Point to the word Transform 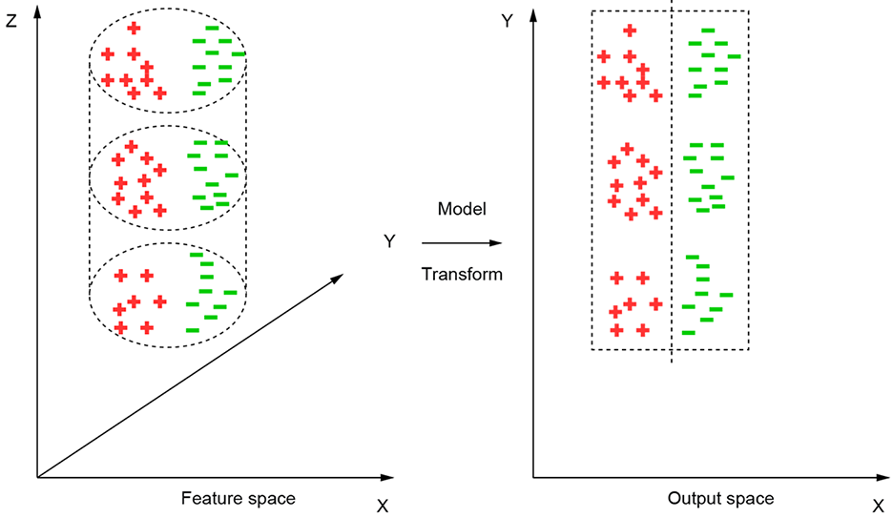tap(462, 274)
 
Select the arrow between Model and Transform tap(462, 243)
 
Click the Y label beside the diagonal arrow tap(389, 241)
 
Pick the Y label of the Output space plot tap(508, 19)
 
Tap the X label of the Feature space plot tap(383, 507)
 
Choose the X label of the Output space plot tap(878, 507)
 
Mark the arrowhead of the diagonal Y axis tap(338, 277)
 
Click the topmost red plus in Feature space tap(134, 29)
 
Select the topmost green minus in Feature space tap(212, 29)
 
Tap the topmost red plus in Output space tap(629, 31)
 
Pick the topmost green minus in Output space tap(708, 31)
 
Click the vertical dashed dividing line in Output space tap(672, 191)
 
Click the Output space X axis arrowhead tap(883, 475)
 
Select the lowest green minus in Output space tap(688, 332)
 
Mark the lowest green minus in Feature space tap(193, 330)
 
